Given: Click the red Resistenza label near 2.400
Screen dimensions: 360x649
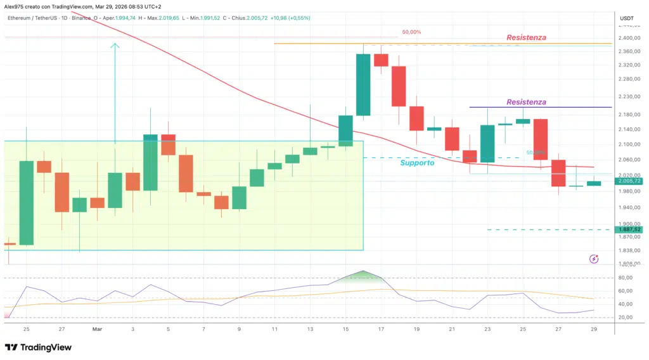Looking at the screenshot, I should [526, 38].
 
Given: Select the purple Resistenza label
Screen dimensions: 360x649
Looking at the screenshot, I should [526, 102].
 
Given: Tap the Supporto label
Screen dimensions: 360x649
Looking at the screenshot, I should [417, 163].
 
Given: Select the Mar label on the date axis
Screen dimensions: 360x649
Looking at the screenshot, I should [97, 330].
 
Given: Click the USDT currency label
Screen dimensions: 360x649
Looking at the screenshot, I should [626, 18].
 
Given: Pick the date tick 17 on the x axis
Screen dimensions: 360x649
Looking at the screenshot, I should [381, 330].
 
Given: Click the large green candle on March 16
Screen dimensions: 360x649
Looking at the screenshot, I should [363, 85].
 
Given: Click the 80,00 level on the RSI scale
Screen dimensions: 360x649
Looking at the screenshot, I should [627, 278].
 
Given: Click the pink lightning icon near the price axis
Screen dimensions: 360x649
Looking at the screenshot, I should [594, 259].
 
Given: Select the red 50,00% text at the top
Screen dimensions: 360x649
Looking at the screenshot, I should [411, 32].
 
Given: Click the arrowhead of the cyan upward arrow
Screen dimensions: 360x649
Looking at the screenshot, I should [115, 45].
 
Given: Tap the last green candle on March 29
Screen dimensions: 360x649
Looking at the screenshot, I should [594, 183].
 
